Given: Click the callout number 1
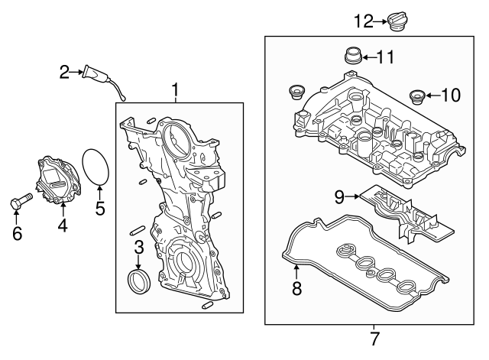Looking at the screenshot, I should (x=175, y=92).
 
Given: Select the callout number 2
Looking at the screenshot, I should (x=65, y=73).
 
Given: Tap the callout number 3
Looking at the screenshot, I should (x=139, y=247).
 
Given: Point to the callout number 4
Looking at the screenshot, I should (x=63, y=225).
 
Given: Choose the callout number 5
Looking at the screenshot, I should (x=99, y=207).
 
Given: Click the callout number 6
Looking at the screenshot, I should (x=16, y=233).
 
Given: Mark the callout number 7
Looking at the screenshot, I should (x=374, y=337).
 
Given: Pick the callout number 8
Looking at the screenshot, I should (x=296, y=288).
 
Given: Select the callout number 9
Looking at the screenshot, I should (x=339, y=197).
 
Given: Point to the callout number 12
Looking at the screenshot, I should (x=363, y=21).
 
